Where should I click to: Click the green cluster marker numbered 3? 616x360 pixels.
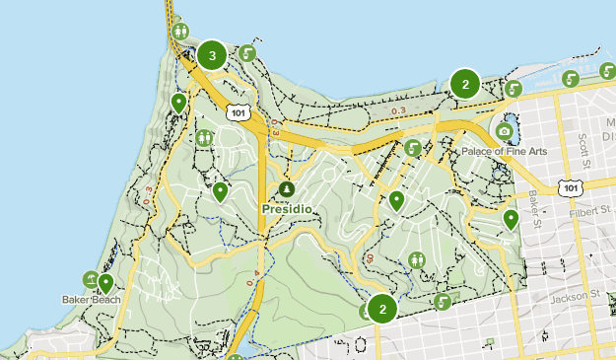coord(212,55)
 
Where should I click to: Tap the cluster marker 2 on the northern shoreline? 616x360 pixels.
coord(465,84)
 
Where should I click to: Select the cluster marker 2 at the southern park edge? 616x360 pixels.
coord(382,309)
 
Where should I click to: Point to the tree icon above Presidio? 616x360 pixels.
coord(286,188)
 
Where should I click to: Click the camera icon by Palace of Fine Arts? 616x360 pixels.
coord(505,131)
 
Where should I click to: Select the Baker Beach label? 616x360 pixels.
coord(90,299)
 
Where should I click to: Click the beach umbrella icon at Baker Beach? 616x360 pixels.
coord(90,279)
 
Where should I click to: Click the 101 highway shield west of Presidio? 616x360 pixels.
coord(237,112)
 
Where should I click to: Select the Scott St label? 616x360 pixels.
coord(583,149)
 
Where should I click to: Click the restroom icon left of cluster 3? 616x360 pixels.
coord(180,32)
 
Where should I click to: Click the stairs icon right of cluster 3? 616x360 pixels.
coord(247,53)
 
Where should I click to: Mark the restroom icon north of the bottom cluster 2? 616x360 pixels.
coord(418,259)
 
